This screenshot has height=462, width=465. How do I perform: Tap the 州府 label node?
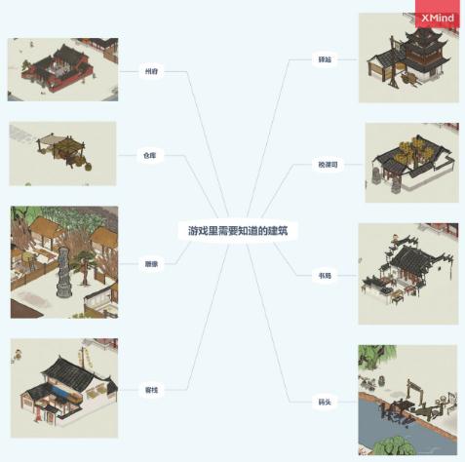(x=149, y=72)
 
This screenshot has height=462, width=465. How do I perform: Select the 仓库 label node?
(x=149, y=155)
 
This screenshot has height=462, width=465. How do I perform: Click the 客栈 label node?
(x=149, y=389)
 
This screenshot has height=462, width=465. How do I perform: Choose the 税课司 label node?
(x=326, y=165)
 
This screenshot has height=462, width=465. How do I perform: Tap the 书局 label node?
(x=324, y=276)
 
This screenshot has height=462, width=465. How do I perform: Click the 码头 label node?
(x=324, y=401)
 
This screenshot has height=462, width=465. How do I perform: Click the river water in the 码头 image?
(x=390, y=429)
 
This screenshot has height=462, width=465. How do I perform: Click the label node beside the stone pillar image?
(x=149, y=263)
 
